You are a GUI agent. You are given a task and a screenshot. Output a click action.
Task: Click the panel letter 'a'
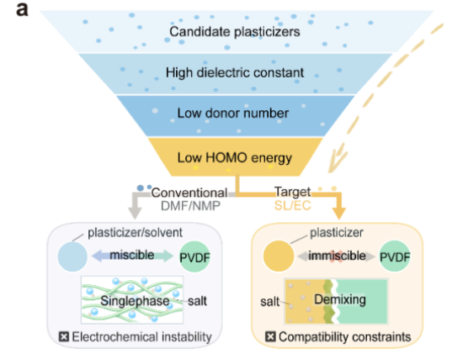[22, 9]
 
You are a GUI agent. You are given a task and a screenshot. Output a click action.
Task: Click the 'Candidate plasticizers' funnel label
[235, 32]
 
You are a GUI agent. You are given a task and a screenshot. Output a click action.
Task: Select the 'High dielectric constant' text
[235, 72]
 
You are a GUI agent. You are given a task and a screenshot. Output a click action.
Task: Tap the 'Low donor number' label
[233, 113]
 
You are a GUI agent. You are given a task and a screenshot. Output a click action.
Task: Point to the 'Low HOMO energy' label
[235, 158]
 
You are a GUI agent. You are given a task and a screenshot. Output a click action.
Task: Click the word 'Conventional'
[189, 193]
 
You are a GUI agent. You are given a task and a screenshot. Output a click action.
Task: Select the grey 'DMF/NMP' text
[190, 206]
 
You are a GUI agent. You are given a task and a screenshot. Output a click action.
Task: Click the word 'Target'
[293, 192]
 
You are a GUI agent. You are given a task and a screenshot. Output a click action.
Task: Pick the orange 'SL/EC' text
[293, 205]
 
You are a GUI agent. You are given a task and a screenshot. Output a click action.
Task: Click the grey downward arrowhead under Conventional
[135, 212]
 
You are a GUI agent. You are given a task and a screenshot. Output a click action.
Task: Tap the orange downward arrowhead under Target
[338, 213]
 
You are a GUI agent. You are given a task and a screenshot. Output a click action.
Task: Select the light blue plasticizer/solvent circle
[72, 257]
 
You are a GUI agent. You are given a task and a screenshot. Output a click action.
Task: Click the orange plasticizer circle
[279, 256]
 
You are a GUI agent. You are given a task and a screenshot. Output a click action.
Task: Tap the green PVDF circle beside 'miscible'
[194, 257]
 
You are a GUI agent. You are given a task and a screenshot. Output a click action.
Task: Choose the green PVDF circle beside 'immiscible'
[395, 257]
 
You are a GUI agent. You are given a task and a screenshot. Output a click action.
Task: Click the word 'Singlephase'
[135, 301]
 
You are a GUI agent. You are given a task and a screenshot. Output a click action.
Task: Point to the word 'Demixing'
[340, 299]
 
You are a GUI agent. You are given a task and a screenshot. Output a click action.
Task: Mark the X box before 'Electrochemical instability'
[64, 336]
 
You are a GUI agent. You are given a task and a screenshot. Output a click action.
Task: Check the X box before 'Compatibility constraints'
[270, 336]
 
